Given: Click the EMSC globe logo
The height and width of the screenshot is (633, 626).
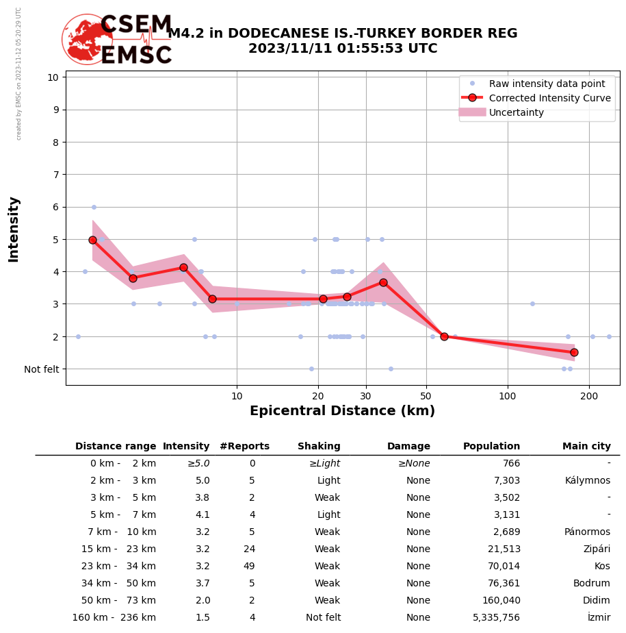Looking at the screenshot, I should point(87,39).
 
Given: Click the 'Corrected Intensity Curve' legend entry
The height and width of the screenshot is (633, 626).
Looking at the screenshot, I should point(549,98).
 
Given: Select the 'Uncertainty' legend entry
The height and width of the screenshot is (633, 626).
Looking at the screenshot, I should point(516,112).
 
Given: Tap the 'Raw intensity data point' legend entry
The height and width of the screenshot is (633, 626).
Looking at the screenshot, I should point(547,84).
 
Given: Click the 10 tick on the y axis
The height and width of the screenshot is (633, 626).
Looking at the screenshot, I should point(52,77).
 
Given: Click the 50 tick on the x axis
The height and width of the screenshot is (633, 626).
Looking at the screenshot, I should point(426,396).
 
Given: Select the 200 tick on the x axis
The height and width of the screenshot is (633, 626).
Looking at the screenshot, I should point(589,396).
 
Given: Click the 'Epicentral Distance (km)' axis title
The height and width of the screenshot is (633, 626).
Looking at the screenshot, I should point(342,411).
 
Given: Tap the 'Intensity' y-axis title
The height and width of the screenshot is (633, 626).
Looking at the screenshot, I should point(14,229).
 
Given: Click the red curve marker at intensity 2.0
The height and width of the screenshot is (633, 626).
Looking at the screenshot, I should point(444,336).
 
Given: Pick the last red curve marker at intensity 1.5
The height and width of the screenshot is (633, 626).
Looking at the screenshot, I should point(574,352).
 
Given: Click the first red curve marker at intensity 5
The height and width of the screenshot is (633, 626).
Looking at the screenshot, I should point(92,240).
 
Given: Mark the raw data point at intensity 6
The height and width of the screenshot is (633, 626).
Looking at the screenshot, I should point(94,207).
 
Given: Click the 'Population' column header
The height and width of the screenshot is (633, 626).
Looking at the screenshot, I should point(491,447).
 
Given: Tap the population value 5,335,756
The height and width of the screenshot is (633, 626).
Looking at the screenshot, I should point(497,618).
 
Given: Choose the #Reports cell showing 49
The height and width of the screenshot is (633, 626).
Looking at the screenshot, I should point(249,567).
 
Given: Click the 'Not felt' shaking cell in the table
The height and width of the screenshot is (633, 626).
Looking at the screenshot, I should point(323,618).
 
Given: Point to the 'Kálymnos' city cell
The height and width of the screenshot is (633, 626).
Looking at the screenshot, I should point(588,481).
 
